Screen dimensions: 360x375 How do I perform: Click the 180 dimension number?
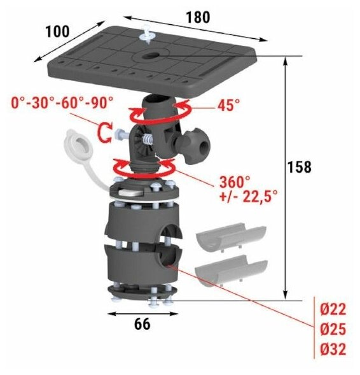tap(198, 17)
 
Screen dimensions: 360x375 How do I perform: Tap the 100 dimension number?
tap(57, 31)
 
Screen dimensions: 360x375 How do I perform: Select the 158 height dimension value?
tap(300, 167)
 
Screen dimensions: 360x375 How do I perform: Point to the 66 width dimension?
tap(142, 324)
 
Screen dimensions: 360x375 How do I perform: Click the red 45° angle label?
tap(228, 105)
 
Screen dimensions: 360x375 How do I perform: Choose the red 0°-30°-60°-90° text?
tap(62, 103)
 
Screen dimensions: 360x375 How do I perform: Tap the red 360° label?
tap(235, 182)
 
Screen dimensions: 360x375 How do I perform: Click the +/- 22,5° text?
tap(249, 197)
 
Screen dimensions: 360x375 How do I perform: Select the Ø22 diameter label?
tap(333, 309)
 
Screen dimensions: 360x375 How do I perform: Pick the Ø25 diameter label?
tap(333, 329)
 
